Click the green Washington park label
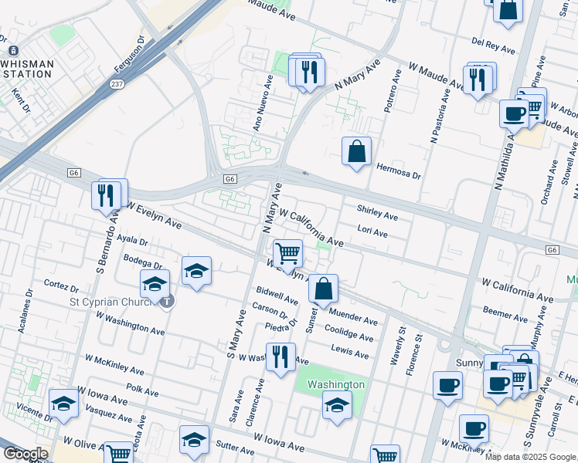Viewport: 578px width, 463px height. coord(335,384)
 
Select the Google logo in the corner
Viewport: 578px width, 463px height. coord(25,454)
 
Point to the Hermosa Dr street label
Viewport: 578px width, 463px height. coord(398,171)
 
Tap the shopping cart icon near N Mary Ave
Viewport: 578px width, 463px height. coord(287,254)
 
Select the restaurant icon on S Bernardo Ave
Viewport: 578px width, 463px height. coord(107,195)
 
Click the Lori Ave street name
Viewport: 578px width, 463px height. coord(373,230)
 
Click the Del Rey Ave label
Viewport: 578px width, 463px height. coord(492,46)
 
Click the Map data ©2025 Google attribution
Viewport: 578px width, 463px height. coord(530,457)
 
